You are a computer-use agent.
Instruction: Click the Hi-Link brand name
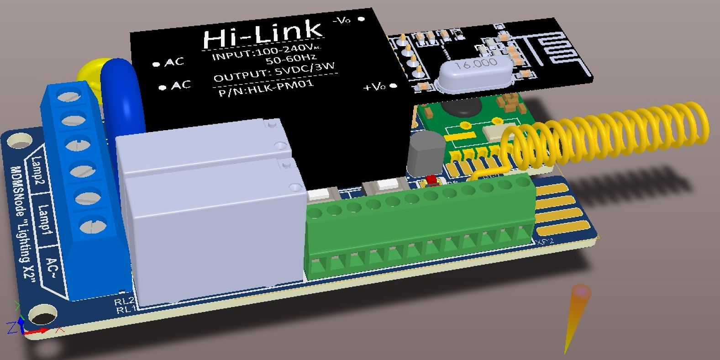point(263,33)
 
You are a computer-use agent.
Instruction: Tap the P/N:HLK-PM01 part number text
point(266,87)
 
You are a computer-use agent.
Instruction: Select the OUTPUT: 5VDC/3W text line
point(274,72)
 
